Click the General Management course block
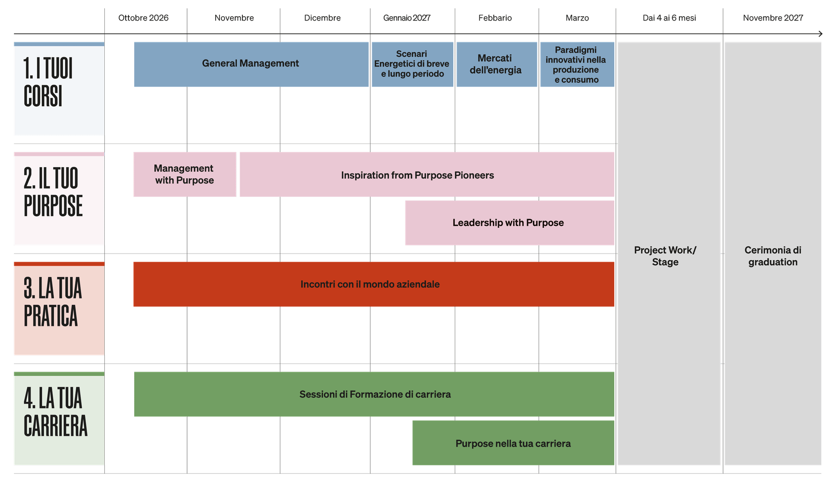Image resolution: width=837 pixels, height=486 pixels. [251, 64]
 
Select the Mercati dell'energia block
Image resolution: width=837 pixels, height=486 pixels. [496, 64]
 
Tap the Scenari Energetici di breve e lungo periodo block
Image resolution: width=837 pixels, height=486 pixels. [412, 64]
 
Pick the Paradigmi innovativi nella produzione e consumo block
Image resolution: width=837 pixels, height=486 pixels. [577, 64]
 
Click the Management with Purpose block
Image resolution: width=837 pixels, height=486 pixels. [185, 174]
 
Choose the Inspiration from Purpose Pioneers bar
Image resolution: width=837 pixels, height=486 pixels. [418, 175]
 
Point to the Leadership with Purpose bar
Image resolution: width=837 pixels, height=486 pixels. [508, 223]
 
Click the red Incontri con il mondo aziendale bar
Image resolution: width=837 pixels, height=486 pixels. [370, 284]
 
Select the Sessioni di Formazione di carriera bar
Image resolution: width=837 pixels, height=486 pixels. [375, 395]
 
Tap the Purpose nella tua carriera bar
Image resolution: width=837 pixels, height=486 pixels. [513, 444]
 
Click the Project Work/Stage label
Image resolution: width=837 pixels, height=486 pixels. [666, 256]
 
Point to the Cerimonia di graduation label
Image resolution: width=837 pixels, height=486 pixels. [773, 256]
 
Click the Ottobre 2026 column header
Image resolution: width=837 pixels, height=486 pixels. [143, 18]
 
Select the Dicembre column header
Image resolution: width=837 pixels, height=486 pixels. [322, 18]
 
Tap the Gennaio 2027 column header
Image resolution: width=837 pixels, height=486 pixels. [407, 18]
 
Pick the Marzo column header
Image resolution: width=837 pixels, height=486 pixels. [577, 18]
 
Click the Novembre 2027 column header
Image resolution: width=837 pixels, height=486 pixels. [773, 18]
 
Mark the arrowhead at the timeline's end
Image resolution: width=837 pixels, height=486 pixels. [820, 34]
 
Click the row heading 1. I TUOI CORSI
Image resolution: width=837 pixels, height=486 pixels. [49, 82]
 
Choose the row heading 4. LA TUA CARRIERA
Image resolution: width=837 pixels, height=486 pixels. [55, 412]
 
